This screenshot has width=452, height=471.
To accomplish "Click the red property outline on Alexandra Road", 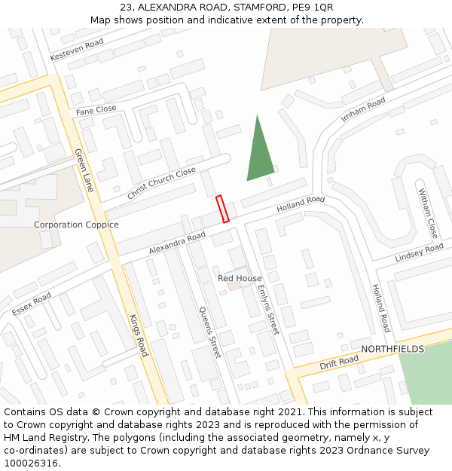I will [x=222, y=209].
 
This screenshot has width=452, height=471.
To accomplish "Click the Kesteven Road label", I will [x=77, y=50].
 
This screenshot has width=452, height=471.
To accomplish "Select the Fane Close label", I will [x=96, y=110].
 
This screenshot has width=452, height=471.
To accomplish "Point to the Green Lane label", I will [x=84, y=170].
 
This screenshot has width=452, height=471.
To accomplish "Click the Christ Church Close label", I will [x=161, y=183].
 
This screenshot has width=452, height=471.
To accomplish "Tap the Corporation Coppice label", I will [x=76, y=225].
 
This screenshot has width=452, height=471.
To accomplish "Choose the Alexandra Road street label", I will [x=177, y=243].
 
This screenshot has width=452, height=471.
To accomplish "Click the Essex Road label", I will [x=32, y=303].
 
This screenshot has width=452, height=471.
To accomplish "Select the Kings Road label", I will [x=139, y=335].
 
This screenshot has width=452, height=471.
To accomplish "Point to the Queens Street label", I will [x=209, y=332].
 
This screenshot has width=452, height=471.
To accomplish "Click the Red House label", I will [x=240, y=278].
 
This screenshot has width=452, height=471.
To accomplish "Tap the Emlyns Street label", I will [x=267, y=309].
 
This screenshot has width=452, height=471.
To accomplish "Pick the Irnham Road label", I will [x=363, y=109].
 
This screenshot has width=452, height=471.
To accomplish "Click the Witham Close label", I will [x=428, y=213].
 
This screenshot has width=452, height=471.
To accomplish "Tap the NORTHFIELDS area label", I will [x=392, y=349].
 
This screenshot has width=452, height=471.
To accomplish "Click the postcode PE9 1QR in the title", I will [x=313, y=8].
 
